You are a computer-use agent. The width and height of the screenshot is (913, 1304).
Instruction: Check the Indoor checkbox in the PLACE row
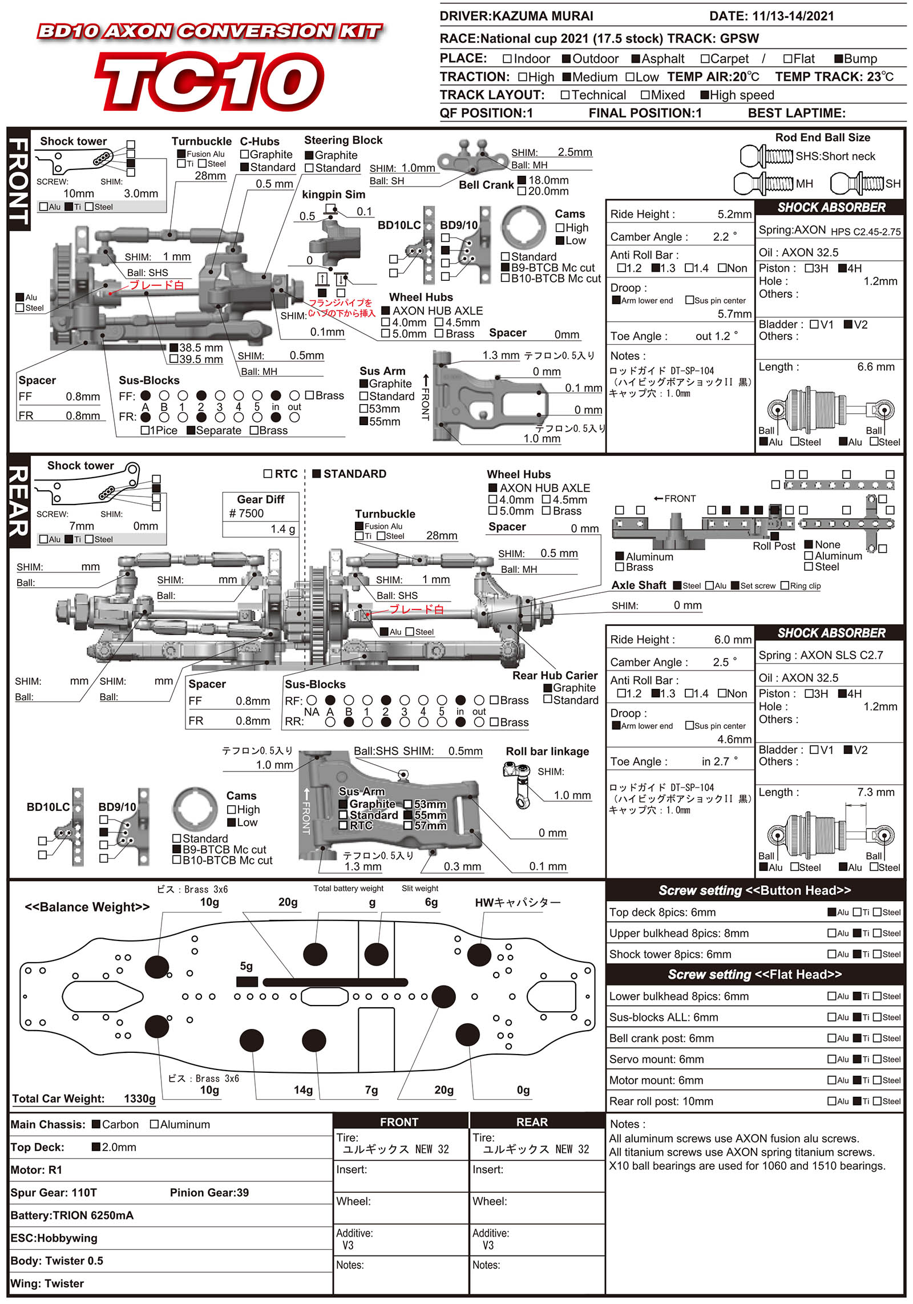[x=507, y=59]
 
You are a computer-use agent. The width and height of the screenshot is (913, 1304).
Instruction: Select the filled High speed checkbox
[x=705, y=95]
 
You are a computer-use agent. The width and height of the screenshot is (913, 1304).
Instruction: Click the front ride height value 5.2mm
[x=734, y=215]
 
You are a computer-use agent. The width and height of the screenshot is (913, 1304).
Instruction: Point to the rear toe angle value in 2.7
[x=720, y=761]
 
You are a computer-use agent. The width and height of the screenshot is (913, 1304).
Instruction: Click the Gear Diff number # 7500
[x=247, y=513]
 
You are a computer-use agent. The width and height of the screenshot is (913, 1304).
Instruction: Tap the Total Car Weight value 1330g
[x=140, y=1099]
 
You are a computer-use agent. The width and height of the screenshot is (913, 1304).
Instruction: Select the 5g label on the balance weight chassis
[x=246, y=966]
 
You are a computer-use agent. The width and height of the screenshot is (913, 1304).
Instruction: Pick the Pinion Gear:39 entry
[x=209, y=1193]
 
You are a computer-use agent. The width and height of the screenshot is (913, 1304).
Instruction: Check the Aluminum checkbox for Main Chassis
[x=154, y=1124]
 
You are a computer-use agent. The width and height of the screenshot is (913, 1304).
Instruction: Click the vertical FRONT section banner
[x=19, y=180]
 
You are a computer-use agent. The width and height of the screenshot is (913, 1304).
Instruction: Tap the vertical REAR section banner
[x=19, y=502]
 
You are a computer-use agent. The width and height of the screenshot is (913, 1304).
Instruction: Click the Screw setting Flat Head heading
[x=754, y=975]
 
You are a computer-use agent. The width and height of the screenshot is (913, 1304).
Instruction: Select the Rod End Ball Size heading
[x=822, y=138]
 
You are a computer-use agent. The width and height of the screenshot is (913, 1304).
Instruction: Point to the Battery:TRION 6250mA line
[x=72, y=1216]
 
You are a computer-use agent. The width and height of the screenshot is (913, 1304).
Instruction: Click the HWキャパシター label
[x=518, y=902]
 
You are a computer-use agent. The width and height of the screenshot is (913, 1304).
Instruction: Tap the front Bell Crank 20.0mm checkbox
[x=522, y=191]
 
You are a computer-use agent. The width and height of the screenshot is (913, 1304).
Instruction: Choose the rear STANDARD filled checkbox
[x=316, y=474]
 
